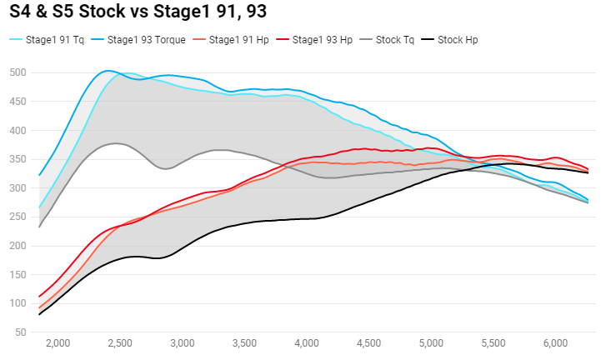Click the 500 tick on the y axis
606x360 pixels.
coord(18,73)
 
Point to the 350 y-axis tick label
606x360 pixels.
coord(18,160)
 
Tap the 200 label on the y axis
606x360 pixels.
coord(18,246)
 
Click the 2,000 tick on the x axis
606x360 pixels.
coord(58,343)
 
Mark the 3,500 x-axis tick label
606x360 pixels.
coord(245,343)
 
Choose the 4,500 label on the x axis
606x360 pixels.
coord(369,343)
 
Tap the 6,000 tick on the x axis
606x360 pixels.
coord(556,343)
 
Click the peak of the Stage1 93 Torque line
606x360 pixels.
coord(108,71)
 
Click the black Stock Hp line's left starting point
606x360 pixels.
coord(39,314)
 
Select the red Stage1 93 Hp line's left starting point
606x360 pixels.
coord(39,297)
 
